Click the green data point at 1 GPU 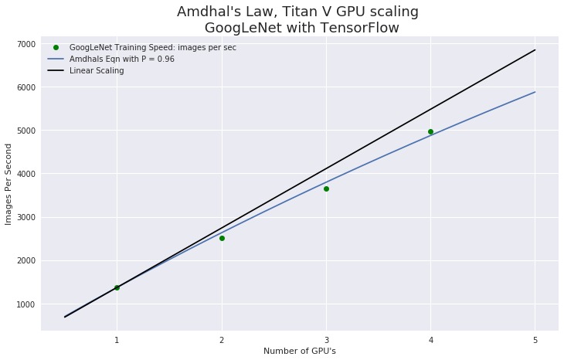coord(117,287)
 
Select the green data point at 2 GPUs coord(222,238)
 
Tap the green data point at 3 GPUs coord(326,188)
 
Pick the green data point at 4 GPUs coord(430,131)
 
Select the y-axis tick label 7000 coord(25,44)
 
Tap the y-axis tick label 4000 coord(25,175)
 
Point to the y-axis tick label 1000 coord(25,304)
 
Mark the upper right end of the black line coord(535,50)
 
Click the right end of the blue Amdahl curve coord(535,92)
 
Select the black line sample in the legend coord(56,71)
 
